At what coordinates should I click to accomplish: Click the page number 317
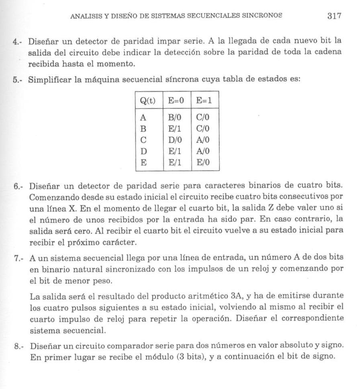click(x=334, y=16)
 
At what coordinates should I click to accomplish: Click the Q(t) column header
click(x=147, y=100)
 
